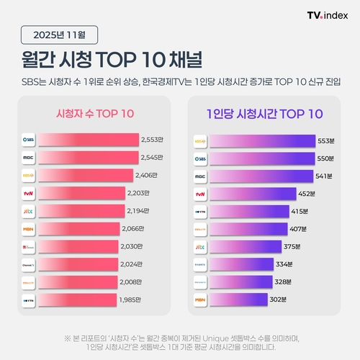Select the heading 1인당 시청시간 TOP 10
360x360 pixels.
point(264,114)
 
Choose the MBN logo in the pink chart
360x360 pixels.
point(30,229)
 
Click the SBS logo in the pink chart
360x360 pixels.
point(30,139)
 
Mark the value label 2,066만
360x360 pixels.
point(137,229)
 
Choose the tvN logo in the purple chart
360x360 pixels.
point(201,194)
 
